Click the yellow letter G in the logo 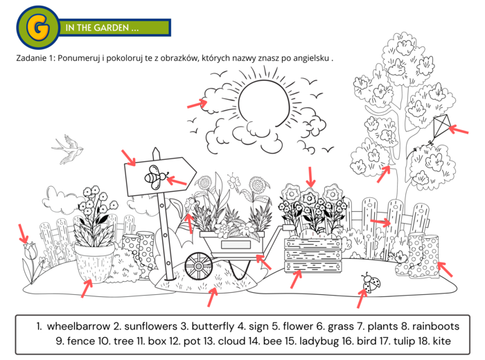pos(38,27)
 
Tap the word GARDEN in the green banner pos(110,28)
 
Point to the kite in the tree pos(442,127)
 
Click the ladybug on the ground pos(371,282)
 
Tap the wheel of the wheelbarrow pos(199,266)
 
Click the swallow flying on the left pos(68,149)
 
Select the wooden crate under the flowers pos(312,255)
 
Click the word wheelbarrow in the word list pos(78,326)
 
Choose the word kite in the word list pos(442,341)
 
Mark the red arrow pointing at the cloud pos(197,103)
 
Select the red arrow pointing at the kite pos(459,129)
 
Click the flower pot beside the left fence pos(95,262)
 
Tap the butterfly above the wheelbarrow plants pos(233,181)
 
